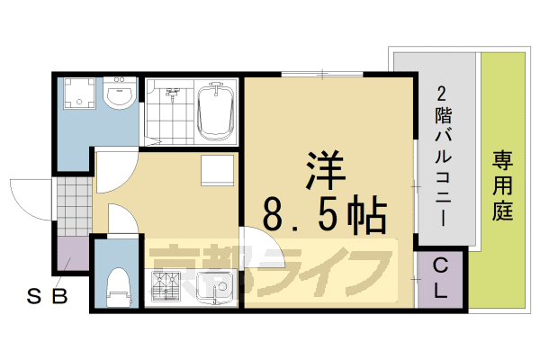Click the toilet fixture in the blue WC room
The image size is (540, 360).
pos(118,287)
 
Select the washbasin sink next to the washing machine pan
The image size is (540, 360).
pos(119,93)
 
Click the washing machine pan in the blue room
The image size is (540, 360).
pos(79,93)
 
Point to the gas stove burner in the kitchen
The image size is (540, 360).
pos(166,286)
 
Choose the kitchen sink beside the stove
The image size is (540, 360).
pos(214,288)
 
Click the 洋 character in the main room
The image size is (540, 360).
pos(325,170)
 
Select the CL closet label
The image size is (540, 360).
pos(440,279)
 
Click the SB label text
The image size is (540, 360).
pos(47,295)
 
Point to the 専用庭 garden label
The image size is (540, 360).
pos(502,185)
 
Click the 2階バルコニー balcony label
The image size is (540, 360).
pos(443,156)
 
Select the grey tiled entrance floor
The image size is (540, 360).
pos(75,206)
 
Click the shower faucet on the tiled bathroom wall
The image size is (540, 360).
pos(173,93)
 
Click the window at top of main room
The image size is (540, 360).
pos(322,74)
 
